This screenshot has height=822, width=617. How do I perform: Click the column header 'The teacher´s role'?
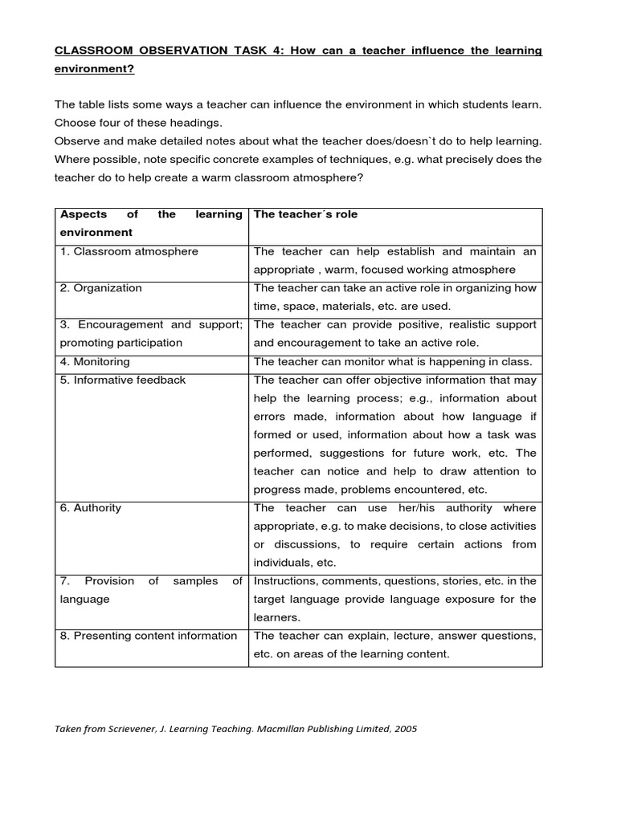click(x=305, y=214)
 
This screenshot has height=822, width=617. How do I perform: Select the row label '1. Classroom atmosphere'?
click(x=129, y=251)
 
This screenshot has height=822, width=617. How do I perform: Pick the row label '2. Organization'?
click(x=100, y=288)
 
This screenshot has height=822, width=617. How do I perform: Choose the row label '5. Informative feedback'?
click(x=122, y=380)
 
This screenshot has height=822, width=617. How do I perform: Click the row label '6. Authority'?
click(x=91, y=508)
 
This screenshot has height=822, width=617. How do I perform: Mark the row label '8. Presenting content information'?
click(x=149, y=636)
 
